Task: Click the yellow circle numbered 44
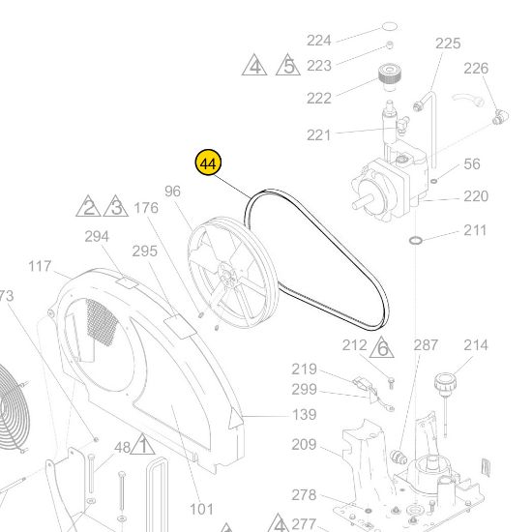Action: point(207,163)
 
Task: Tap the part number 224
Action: point(319,40)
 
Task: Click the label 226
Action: point(477,68)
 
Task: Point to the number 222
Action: point(319,98)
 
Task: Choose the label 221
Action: point(319,134)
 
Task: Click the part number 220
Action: point(476,196)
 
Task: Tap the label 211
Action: point(475,230)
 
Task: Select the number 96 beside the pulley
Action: point(173,191)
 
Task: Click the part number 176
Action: point(146,207)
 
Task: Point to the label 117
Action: point(40,266)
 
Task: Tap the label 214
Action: point(476,345)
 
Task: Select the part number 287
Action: point(427,345)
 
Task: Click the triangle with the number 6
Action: point(382,347)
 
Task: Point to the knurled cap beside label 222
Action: point(390,75)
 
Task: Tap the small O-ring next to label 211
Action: point(414,238)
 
